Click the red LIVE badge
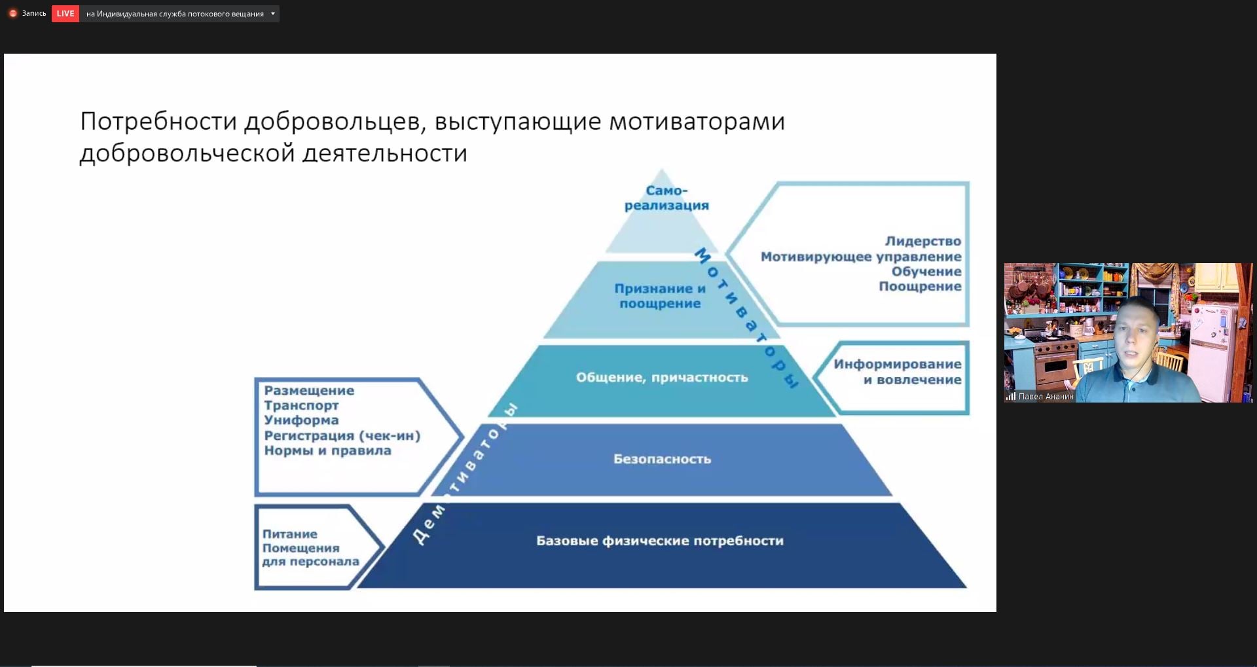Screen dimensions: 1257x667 point(65,14)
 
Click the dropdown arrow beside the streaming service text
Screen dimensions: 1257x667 point(273,14)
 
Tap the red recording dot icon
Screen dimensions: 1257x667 point(12,14)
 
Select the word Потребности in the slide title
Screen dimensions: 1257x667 point(158,122)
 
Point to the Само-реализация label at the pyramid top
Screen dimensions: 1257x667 point(666,198)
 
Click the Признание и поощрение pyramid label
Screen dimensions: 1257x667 point(660,296)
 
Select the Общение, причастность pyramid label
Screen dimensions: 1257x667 point(662,378)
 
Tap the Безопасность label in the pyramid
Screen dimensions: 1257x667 point(662,459)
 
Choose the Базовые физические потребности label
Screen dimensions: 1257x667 point(660,541)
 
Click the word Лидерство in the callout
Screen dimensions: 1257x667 point(923,242)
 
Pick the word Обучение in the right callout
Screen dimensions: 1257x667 point(926,272)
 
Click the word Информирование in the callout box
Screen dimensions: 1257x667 point(898,365)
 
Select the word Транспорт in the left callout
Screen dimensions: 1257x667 point(301,406)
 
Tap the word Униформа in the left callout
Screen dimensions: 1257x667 point(301,420)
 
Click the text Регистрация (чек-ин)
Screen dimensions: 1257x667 point(342,436)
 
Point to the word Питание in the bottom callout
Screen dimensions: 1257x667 point(289,534)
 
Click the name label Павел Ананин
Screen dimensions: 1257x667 point(1046,397)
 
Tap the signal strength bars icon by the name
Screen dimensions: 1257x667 point(1011,396)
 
